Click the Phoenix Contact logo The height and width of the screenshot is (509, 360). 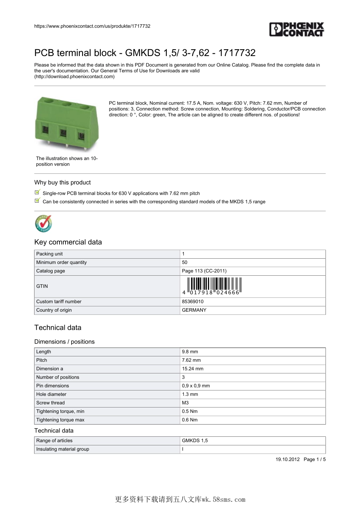tap(297, 30)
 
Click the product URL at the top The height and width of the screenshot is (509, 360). tap(92, 26)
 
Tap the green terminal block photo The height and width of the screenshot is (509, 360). tap(67, 123)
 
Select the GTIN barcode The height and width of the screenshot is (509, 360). tap(214, 286)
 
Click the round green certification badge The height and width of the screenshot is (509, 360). tap(44, 223)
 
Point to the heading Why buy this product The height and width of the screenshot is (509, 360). tap(63, 183)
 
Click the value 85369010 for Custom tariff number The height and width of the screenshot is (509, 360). tap(193, 301)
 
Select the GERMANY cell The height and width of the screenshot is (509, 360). tap(194, 310)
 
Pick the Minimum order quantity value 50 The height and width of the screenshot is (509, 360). tap(185, 262)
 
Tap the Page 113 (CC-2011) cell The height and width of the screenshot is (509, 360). tap(204, 271)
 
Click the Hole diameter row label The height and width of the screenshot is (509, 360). tap(51, 394)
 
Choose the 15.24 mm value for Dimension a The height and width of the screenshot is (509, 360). tap(193, 368)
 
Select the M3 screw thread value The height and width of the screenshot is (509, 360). tap(185, 403)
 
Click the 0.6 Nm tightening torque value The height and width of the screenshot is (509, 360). tap(189, 420)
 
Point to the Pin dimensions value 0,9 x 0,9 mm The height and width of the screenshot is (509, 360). tap(196, 386)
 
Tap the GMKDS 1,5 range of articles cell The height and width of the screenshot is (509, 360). tap(195, 440)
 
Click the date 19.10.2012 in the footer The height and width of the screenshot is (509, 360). tap(287, 459)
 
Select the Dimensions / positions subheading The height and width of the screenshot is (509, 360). tap(64, 342)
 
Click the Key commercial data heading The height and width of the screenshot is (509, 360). tap(68, 242)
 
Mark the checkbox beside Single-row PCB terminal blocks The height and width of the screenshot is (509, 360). tap(37, 192)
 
